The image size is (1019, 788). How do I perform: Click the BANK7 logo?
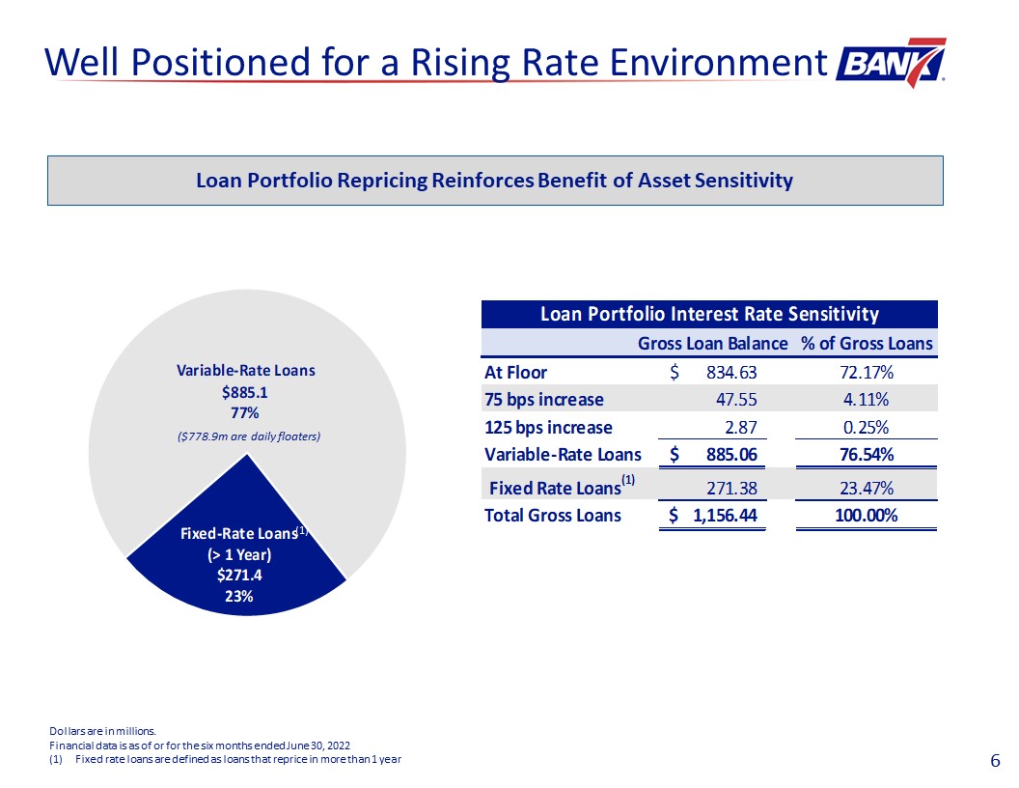pyautogui.click(x=891, y=63)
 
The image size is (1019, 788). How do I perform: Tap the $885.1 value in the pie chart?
pyautogui.click(x=244, y=393)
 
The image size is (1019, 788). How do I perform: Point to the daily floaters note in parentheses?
pyautogui.click(x=249, y=436)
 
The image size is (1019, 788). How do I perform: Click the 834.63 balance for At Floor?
pyautogui.click(x=731, y=373)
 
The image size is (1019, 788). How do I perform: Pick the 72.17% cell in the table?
pyautogui.click(x=867, y=373)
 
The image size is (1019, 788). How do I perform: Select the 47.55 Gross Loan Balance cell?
pyautogui.click(x=736, y=399)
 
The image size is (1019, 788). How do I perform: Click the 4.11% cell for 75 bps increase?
pyautogui.click(x=867, y=399)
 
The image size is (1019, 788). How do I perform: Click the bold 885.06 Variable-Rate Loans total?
pyautogui.click(x=731, y=455)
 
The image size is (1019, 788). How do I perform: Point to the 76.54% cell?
pyautogui.click(x=867, y=455)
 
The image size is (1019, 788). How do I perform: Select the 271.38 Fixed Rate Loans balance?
pyautogui.click(x=731, y=489)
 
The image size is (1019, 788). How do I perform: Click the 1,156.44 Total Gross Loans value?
pyautogui.click(x=726, y=516)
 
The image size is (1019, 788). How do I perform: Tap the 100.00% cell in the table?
pyautogui.click(x=867, y=516)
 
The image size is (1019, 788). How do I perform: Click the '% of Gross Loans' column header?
pyautogui.click(x=867, y=343)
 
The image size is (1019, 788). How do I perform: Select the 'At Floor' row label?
pyautogui.click(x=516, y=373)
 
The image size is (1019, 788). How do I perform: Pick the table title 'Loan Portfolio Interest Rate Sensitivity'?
pyautogui.click(x=709, y=315)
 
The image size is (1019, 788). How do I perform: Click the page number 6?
pyautogui.click(x=995, y=761)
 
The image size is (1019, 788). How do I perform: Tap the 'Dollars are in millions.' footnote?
pyautogui.click(x=102, y=731)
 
